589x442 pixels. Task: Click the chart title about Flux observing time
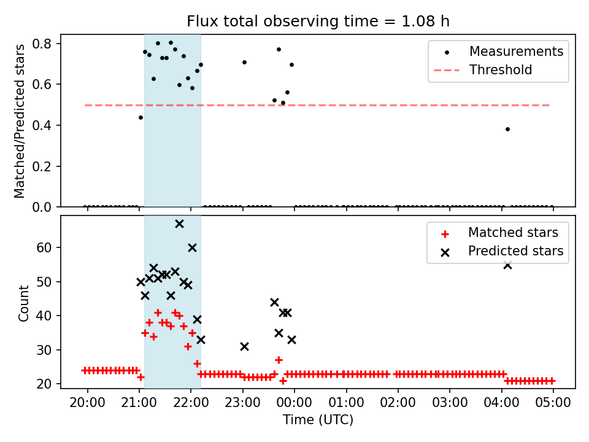[318, 21]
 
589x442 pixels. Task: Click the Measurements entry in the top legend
[516, 52]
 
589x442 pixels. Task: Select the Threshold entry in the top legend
[501, 70]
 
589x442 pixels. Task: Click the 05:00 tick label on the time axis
[553, 402]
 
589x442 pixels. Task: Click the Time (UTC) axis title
[318, 420]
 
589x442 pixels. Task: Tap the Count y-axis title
[24, 303]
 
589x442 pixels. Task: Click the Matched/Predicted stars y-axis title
[20, 121]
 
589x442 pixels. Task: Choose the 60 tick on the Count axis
[46, 247]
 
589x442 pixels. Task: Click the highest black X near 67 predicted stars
[179, 223]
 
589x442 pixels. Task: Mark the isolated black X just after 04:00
[507, 265]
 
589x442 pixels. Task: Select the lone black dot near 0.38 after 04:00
[507, 129]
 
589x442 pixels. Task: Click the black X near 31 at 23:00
[244, 346]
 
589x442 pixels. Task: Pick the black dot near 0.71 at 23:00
[244, 62]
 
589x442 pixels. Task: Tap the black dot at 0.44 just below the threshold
[141, 117]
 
